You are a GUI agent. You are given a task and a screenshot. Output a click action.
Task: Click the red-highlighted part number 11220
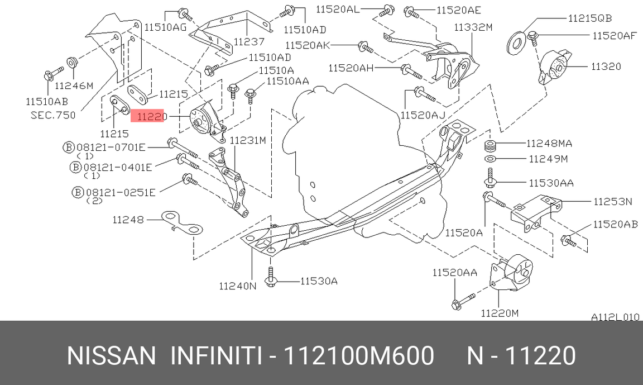[x=152, y=117]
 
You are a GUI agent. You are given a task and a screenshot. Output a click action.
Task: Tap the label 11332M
[x=473, y=27]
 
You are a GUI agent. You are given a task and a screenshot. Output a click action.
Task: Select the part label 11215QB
[x=589, y=18]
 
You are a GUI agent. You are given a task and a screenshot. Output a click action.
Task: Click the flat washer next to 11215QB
[x=517, y=42]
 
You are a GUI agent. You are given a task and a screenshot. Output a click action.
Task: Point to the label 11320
[x=606, y=66]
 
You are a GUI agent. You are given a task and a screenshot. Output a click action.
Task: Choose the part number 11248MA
[x=549, y=143]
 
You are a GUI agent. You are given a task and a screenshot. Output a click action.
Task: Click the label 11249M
[x=548, y=159]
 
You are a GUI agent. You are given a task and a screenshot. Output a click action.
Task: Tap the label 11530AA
[x=551, y=183]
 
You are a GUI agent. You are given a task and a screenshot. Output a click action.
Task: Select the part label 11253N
[x=613, y=201]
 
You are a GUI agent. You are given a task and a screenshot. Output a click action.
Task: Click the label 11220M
[x=500, y=313]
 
